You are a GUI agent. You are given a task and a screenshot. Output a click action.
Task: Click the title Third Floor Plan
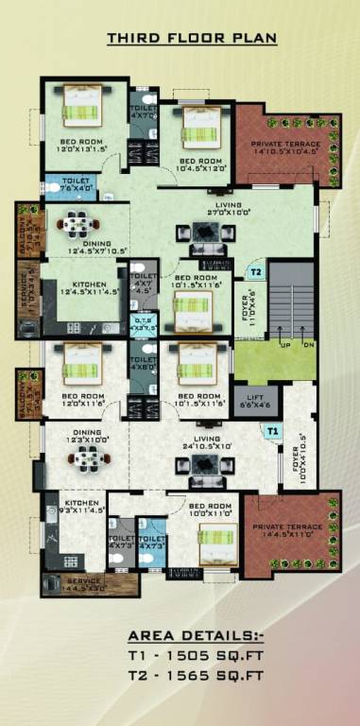[191, 38]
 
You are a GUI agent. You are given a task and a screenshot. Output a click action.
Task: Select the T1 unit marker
[272, 431]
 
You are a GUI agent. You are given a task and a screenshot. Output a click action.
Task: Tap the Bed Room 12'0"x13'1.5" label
[79, 146]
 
